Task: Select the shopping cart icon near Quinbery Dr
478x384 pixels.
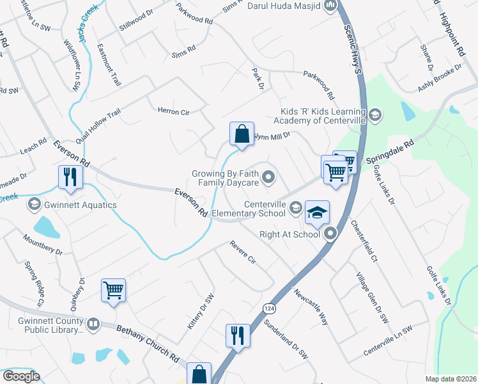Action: click(x=113, y=291)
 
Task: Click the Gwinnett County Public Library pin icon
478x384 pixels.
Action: click(x=93, y=324)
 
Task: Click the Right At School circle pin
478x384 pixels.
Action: click(x=330, y=234)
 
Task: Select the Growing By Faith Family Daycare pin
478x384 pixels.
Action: click(x=269, y=178)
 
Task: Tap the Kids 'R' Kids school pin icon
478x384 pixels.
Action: click(x=376, y=115)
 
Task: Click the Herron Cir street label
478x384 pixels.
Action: click(x=174, y=111)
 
